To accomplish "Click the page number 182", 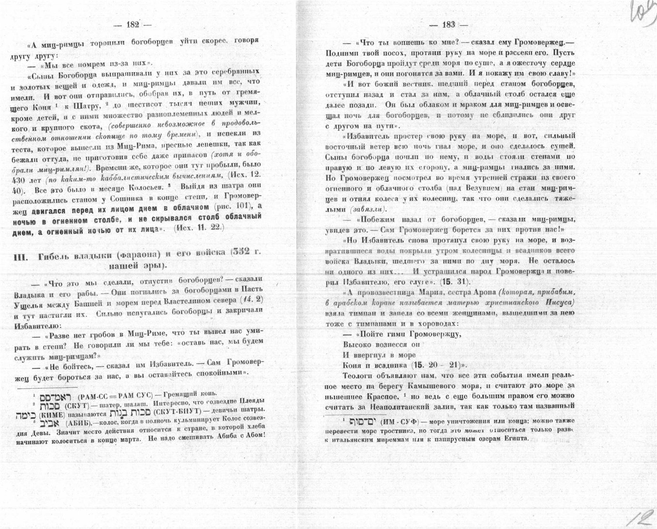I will pyautogui.click(x=132, y=24).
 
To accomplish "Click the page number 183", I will pyautogui.click(x=448, y=25).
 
